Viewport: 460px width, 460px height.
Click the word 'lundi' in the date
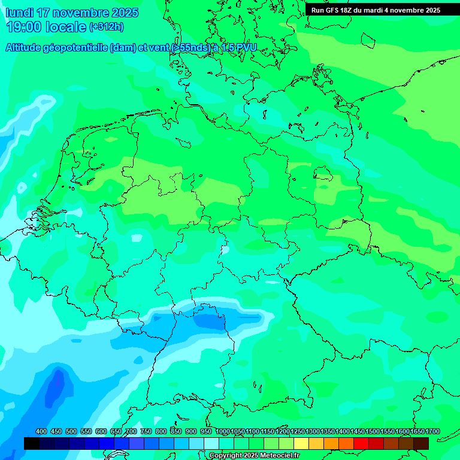20,13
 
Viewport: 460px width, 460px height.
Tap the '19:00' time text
24,27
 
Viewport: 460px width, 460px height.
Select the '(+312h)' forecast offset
106,27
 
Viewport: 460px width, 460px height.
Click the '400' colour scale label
41,432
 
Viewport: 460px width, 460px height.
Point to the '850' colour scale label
176,432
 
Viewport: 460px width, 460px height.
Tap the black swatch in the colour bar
32,443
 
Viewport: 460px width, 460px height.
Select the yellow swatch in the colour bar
301,443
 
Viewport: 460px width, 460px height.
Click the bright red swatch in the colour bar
361,443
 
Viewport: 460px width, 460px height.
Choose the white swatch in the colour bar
211,443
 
